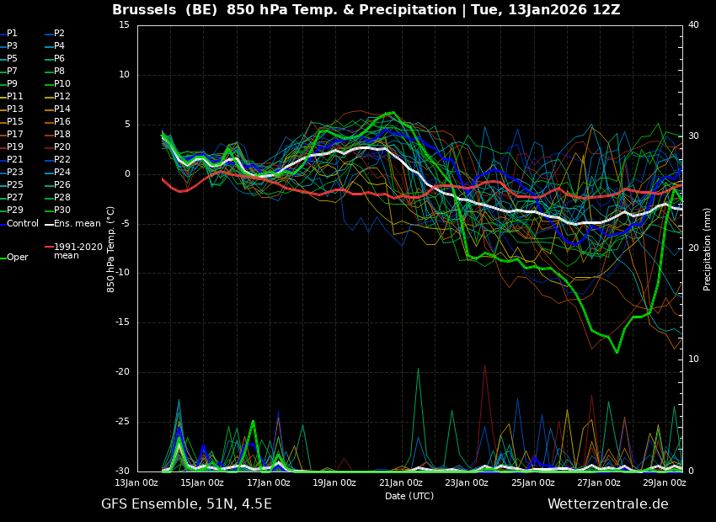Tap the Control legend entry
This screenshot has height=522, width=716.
pos(19,224)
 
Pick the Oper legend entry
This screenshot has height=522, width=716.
pos(14,258)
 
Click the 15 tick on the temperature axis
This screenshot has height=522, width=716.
pos(124,24)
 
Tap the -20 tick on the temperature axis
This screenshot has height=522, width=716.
pos(122,372)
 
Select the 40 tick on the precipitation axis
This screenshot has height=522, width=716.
pos(693,24)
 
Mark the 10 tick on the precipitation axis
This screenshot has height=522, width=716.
pos(693,360)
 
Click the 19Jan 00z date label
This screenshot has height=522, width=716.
pos(334,482)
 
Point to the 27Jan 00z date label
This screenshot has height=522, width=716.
pos(599,482)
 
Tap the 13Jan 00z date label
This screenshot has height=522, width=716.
pos(136,482)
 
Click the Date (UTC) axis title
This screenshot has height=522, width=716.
pos(409,496)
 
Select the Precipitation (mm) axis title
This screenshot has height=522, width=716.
pos(708,249)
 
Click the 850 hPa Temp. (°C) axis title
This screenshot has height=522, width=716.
pos(111,249)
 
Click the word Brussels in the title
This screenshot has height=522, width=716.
pos(144,9)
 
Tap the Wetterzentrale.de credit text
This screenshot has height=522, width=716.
pos(608,504)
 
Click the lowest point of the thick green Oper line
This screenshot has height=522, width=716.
pos(617,352)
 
